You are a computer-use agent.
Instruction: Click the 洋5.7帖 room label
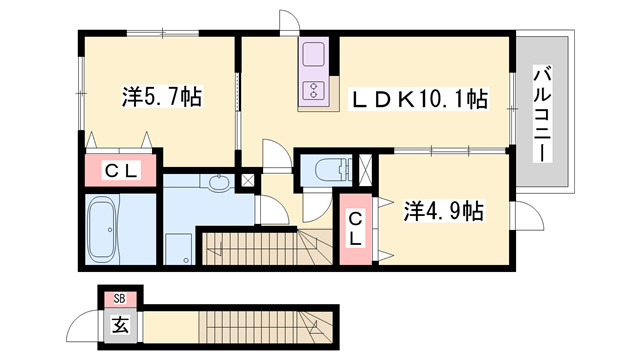pos(161,98)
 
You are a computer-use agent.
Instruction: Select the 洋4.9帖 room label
pos(443,211)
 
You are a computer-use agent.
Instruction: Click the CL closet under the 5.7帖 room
pos(121,171)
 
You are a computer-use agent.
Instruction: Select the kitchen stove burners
pos(314,90)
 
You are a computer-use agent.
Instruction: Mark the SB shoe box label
pos(119,298)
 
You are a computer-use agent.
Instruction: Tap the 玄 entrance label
pos(119,324)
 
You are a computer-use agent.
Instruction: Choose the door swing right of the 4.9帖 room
pos(525,214)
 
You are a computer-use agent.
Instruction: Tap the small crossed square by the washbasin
pos(247,181)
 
